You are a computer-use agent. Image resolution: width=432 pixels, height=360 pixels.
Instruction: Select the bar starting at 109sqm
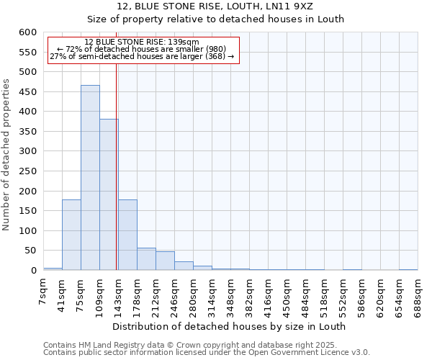[109, 194]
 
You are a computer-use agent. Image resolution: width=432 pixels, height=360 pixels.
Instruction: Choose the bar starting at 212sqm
[165, 261]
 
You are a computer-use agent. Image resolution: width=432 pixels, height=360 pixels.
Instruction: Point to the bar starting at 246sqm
[184, 266]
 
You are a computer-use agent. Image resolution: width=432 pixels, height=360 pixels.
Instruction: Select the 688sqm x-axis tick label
[418, 294]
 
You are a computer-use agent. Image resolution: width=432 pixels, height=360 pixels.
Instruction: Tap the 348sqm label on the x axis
[231, 294]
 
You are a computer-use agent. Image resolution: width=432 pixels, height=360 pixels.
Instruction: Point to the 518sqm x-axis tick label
[324, 294]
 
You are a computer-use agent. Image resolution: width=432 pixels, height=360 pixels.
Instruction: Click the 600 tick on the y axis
[27, 32]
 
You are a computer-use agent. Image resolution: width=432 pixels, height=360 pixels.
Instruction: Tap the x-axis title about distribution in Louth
[230, 326]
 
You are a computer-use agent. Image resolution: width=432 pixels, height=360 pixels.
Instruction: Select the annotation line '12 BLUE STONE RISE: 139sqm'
[141, 42]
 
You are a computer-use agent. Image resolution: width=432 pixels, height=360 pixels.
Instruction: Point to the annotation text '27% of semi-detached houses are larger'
[142, 56]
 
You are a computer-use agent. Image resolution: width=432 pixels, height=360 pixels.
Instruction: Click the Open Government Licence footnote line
[207, 353]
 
